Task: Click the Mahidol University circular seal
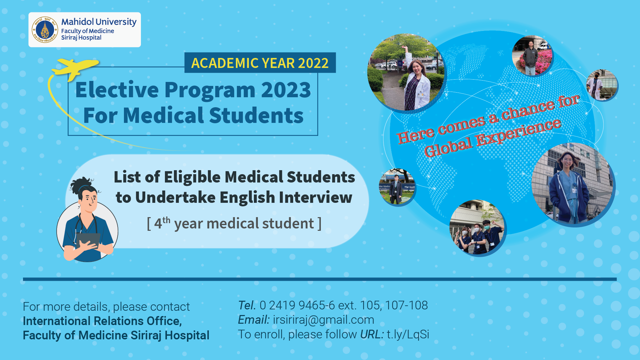click(45, 30)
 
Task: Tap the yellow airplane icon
click(76, 69)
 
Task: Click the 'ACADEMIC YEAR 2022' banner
click(260, 63)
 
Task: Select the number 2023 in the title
click(286, 90)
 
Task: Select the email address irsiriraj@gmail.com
click(323, 320)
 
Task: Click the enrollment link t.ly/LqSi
click(408, 334)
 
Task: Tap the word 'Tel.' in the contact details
click(247, 305)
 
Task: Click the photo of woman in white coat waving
click(406, 72)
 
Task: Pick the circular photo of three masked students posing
click(477, 227)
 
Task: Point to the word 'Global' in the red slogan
click(448, 147)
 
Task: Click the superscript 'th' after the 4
click(166, 220)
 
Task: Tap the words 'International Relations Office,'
click(102, 321)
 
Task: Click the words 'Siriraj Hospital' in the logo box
click(81, 38)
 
